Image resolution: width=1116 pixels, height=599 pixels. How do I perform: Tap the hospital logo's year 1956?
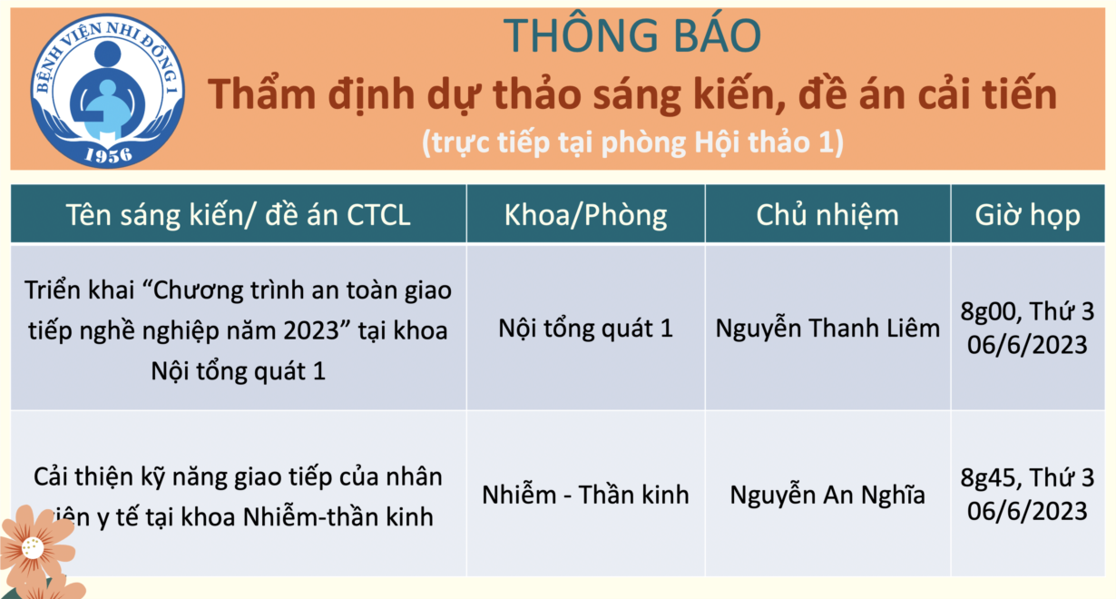(x=108, y=155)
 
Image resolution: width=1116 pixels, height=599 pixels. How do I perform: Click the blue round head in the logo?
(x=107, y=54)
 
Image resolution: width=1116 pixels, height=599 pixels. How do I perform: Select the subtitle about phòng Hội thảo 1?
(x=632, y=142)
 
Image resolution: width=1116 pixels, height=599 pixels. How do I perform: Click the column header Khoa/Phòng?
(x=585, y=215)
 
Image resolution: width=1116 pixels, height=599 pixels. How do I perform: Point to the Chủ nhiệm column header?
(x=827, y=215)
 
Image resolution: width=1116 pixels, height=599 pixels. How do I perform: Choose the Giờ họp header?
(x=1027, y=215)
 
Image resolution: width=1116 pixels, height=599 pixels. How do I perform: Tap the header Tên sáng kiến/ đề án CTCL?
(x=238, y=215)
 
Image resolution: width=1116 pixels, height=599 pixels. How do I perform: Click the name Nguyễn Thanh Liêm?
(x=827, y=328)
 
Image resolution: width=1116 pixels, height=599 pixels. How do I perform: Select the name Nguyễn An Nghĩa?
(x=827, y=495)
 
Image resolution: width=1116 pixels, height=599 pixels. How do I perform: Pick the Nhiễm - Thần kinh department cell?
(x=585, y=495)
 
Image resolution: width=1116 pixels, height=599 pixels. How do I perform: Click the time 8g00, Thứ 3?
(x=1027, y=311)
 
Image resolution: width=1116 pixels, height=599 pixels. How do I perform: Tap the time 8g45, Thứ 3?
(x=1027, y=477)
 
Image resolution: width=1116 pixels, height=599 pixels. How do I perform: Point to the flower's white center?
(x=33, y=548)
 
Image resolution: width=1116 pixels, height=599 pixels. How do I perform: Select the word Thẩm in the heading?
(x=262, y=93)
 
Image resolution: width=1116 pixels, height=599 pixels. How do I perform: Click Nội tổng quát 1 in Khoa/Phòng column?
(x=585, y=328)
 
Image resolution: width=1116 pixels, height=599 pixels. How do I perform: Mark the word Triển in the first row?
(x=53, y=290)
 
